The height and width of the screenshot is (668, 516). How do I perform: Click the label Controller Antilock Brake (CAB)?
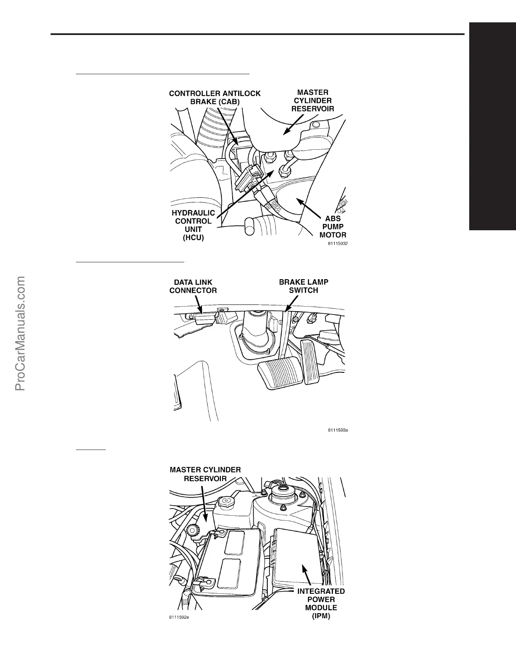pos(215,97)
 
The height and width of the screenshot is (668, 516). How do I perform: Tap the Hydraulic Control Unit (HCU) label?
pos(193,225)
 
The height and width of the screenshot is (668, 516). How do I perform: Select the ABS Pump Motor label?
pos(333,227)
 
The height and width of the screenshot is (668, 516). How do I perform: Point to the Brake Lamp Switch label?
pos(304,286)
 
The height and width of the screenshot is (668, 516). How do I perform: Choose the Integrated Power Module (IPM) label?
pos(321,603)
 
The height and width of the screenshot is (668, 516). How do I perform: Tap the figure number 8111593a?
pos(338,431)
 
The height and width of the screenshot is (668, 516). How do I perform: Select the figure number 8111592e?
pos(179,618)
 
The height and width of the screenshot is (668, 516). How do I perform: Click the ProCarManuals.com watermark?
pos(20,333)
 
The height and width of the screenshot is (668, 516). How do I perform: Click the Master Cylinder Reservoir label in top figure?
pos(313,100)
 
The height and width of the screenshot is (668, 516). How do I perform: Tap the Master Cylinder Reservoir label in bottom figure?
pos(205,474)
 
